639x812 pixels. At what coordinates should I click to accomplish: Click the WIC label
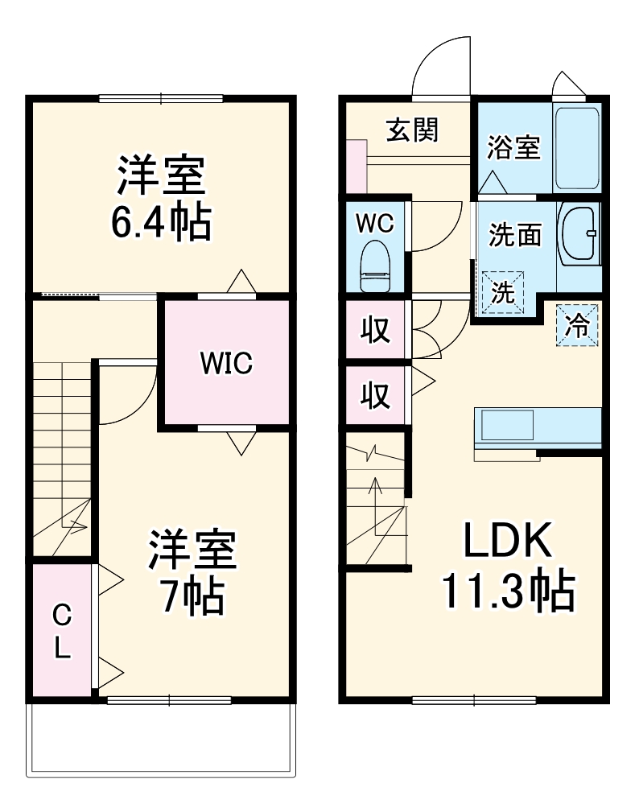[226, 363]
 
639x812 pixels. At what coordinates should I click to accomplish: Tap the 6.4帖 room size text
[162, 222]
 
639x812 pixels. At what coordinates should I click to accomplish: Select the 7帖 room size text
[192, 596]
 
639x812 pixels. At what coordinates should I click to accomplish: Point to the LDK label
[508, 540]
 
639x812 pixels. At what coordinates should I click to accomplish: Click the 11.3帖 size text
[508, 591]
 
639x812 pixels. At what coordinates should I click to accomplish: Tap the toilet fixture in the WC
[375, 266]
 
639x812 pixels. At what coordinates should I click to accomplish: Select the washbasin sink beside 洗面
[579, 234]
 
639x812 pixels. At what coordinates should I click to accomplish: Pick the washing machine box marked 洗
[503, 293]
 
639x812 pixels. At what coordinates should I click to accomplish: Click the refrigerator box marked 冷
[577, 325]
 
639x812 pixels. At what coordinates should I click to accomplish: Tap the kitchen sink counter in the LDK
[538, 429]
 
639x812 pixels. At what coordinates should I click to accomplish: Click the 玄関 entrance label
[413, 130]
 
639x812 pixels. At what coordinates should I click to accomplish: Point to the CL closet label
[62, 631]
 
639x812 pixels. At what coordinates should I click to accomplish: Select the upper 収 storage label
[375, 330]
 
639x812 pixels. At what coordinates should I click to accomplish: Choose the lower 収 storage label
[375, 396]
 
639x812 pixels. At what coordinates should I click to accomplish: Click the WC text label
[375, 223]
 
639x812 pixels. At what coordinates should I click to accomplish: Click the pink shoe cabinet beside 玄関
[357, 167]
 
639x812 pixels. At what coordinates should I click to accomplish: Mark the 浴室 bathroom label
[513, 147]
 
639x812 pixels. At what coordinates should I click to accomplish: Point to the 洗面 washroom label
[515, 236]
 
